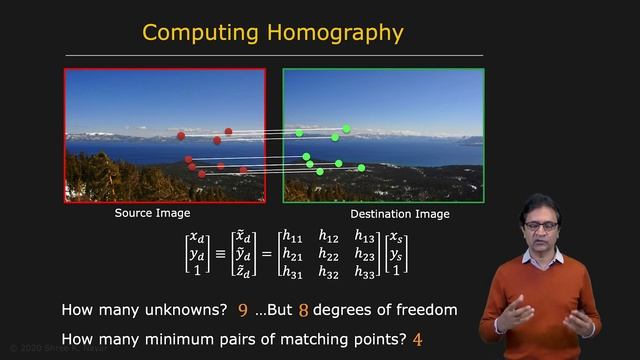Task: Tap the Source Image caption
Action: tap(152, 213)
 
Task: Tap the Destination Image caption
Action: tap(400, 214)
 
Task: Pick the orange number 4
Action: tap(417, 340)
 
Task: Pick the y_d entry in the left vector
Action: tap(197, 254)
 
